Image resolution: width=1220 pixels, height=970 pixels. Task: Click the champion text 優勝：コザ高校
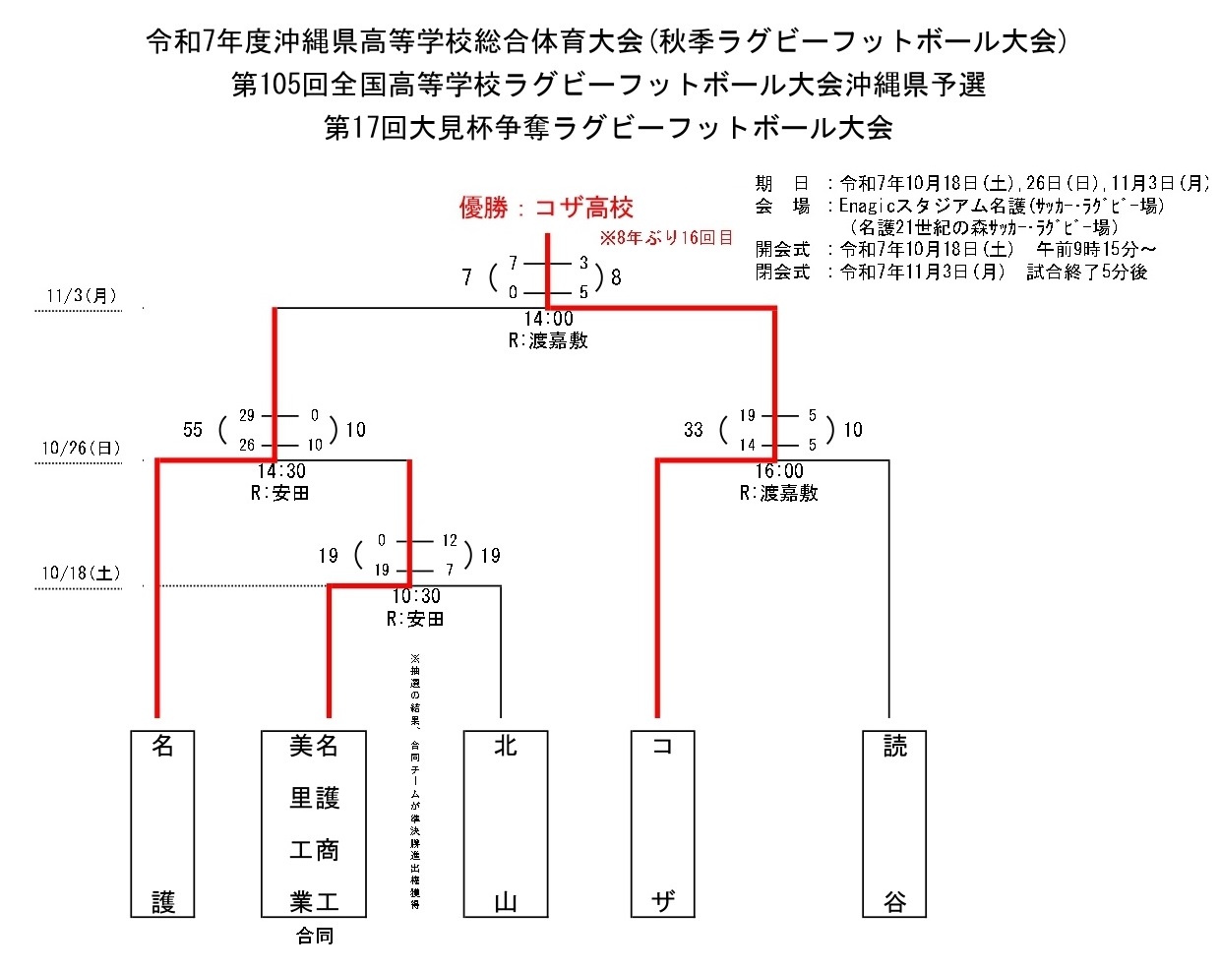pos(546,208)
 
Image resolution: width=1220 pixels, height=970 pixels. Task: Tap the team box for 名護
pos(163,823)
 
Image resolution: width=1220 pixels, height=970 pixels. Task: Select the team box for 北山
pos(506,823)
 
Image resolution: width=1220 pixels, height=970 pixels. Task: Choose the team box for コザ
pos(663,823)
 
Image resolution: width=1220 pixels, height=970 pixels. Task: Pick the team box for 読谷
pos(894,823)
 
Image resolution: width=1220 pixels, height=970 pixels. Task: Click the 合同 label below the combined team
pos(315,937)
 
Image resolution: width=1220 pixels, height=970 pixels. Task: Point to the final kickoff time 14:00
pos(548,319)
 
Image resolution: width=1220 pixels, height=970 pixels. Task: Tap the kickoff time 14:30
pos(281,471)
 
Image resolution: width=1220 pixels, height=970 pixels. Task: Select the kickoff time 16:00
pos(779,471)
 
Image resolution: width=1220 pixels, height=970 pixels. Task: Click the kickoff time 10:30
pos(416,596)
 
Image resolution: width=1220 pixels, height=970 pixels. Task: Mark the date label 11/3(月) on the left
pos(81,295)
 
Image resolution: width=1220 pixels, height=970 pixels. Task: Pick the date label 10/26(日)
pos(81,449)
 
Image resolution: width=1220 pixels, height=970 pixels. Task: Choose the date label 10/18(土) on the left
pos(81,573)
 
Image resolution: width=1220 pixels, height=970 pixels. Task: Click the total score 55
pos(193,430)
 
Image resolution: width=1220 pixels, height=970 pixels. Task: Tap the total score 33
pos(694,430)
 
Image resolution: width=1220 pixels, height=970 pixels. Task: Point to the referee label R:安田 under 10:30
pos(415,619)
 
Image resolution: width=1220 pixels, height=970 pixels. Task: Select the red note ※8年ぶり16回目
pos(666,238)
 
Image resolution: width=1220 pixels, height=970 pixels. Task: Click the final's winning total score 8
pos(616,277)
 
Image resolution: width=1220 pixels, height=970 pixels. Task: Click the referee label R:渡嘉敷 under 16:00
pos(778,493)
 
